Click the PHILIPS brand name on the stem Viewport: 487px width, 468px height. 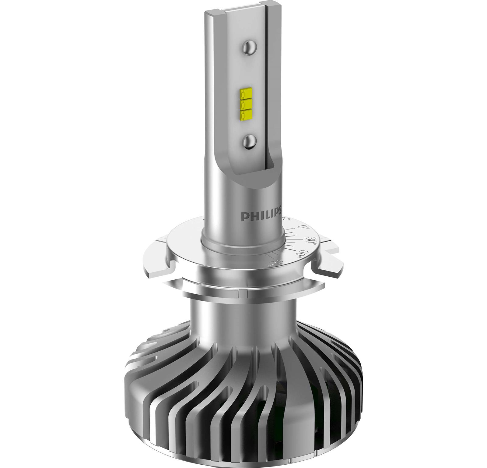[x=261, y=216]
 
